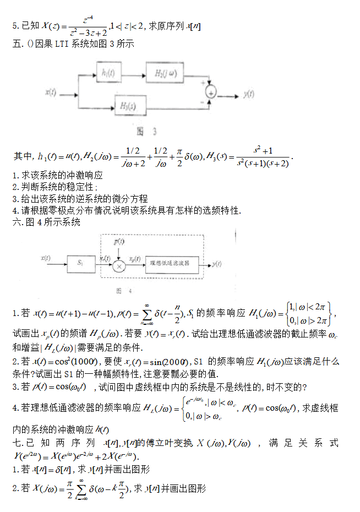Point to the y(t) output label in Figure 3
pyautogui.click(x=248, y=94)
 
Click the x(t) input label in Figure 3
pyautogui.click(x=51, y=92)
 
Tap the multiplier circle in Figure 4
pyautogui.click(x=118, y=264)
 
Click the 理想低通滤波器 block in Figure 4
pyautogui.click(x=174, y=264)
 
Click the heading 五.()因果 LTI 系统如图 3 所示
pyautogui.click(x=73, y=43)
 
